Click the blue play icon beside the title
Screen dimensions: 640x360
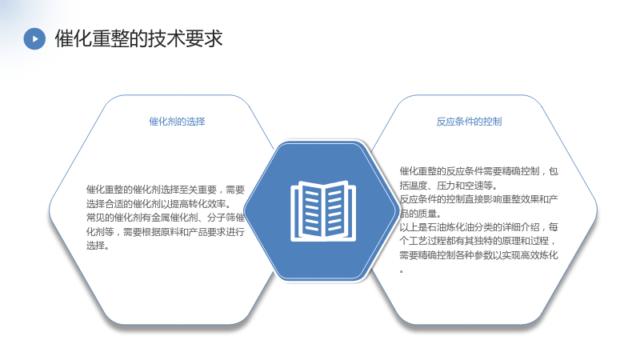pyautogui.click(x=34, y=38)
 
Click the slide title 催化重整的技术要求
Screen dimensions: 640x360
pyautogui.click(x=138, y=38)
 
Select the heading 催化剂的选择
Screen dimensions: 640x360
pyautogui.click(x=177, y=122)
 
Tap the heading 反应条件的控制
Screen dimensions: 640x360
pyautogui.click(x=469, y=122)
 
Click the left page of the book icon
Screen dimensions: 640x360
pyautogui.click(x=308, y=210)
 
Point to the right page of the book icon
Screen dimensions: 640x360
pyautogui.click(x=339, y=210)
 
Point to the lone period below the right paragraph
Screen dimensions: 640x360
pyautogui.click(x=402, y=271)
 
